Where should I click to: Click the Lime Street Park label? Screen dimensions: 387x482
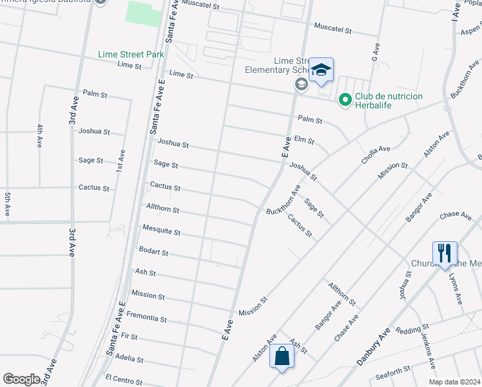(x=131, y=55)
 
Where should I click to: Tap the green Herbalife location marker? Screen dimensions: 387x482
(x=345, y=99)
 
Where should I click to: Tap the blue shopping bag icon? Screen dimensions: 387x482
(x=282, y=355)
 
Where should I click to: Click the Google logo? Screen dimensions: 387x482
(x=21, y=379)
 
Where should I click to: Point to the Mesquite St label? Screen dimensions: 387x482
(x=161, y=232)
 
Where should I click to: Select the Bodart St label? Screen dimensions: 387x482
(x=153, y=252)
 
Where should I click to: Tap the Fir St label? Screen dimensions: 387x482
(x=129, y=337)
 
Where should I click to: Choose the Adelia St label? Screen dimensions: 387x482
(x=130, y=359)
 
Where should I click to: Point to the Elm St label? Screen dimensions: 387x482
(x=304, y=139)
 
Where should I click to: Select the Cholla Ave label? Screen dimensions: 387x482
(x=376, y=154)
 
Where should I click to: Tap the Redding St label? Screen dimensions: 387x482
(x=409, y=330)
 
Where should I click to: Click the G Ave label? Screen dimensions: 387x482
(x=376, y=48)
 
